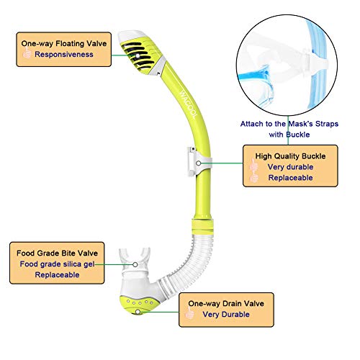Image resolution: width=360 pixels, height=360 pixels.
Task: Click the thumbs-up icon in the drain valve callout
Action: point(189,315)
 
